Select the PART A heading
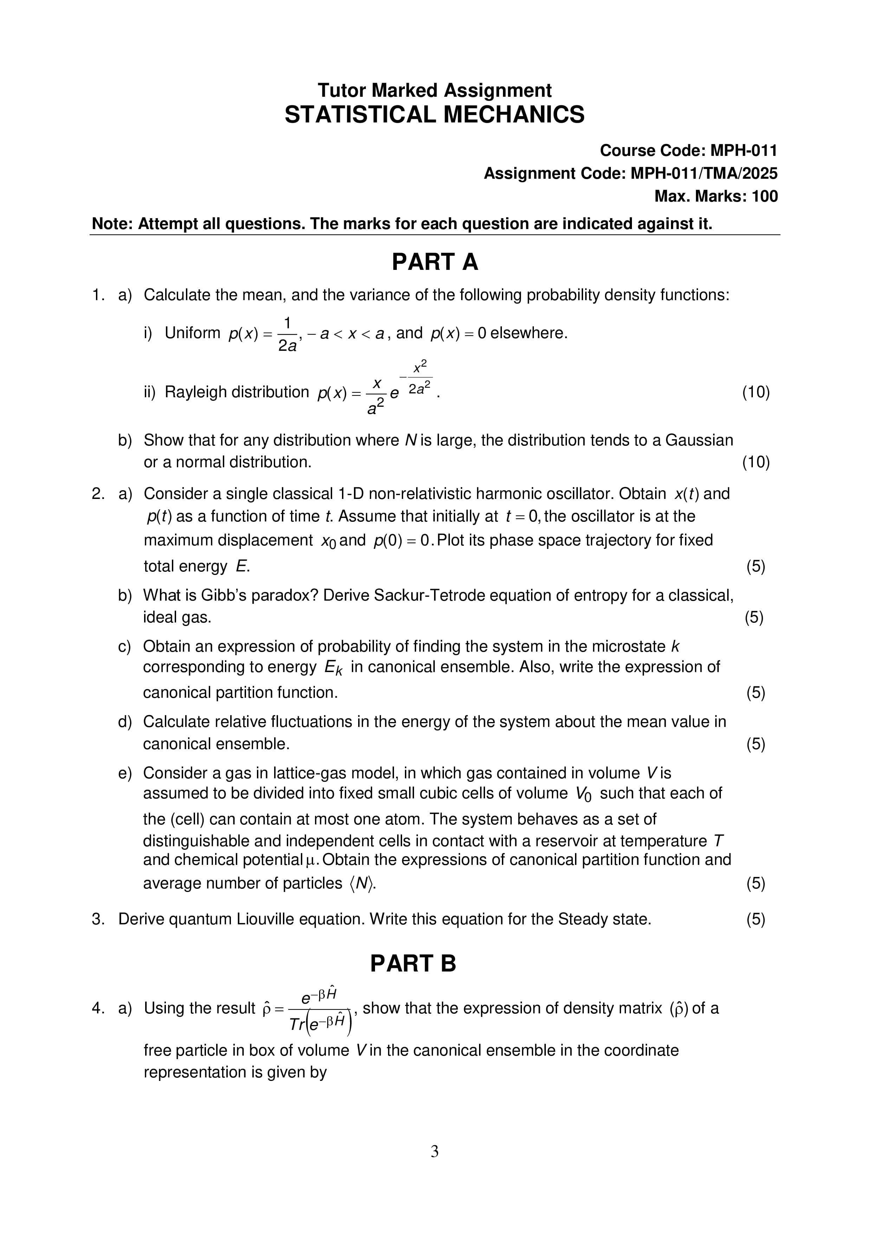coord(434,262)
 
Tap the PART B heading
coord(413,964)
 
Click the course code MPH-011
coord(744,151)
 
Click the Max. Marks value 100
coord(764,197)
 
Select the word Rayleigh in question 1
coord(195,392)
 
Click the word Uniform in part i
coord(192,333)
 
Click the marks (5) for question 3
coord(755,919)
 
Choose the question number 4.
coord(98,1008)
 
